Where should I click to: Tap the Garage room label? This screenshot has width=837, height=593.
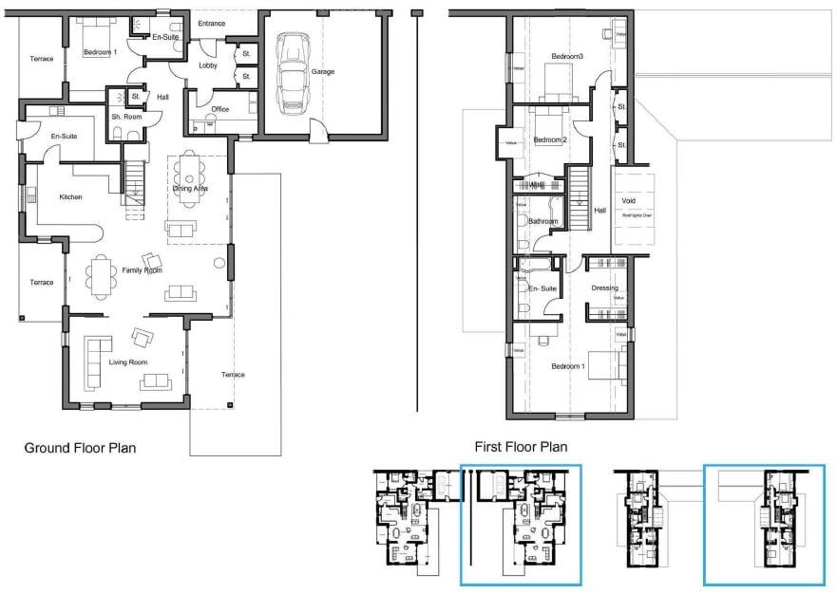tap(322, 72)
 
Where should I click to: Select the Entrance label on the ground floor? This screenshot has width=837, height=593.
tap(212, 23)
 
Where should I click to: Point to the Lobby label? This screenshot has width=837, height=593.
tap(207, 65)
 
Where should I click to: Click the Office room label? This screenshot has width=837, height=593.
tap(219, 109)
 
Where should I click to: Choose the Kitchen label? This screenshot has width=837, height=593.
tap(70, 197)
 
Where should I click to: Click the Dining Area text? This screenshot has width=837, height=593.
tap(190, 189)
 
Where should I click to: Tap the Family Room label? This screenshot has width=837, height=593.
tap(143, 270)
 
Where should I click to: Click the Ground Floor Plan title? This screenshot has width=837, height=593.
tap(81, 448)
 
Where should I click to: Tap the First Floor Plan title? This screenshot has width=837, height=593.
tap(521, 446)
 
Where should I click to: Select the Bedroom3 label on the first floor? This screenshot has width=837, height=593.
tap(567, 58)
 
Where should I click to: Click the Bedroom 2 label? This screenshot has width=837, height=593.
tap(549, 140)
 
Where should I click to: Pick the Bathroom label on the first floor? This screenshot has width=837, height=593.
tap(543, 221)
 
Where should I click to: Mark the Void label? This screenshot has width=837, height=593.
tap(628, 201)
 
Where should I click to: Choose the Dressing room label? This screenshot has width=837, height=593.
tap(604, 287)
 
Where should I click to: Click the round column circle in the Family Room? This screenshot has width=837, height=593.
tap(219, 262)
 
